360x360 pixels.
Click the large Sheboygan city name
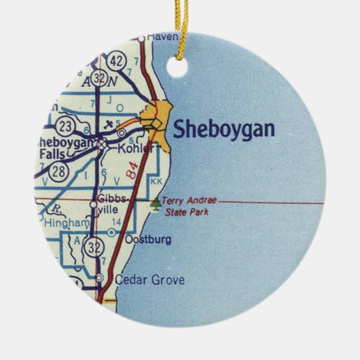pos(223,129)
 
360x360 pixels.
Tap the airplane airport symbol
pos(109,125)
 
